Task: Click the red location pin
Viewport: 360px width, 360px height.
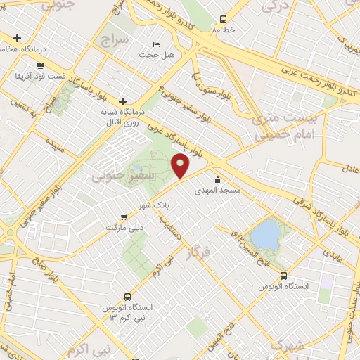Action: pos(181,167)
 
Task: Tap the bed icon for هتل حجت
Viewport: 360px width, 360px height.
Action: pos(156,46)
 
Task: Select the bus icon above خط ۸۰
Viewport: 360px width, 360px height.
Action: pos(224,20)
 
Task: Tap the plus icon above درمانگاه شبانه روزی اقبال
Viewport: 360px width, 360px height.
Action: pos(123,102)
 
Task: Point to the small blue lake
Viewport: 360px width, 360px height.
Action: pos(266,235)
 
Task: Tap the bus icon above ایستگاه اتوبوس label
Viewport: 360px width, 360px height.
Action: pos(283,276)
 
